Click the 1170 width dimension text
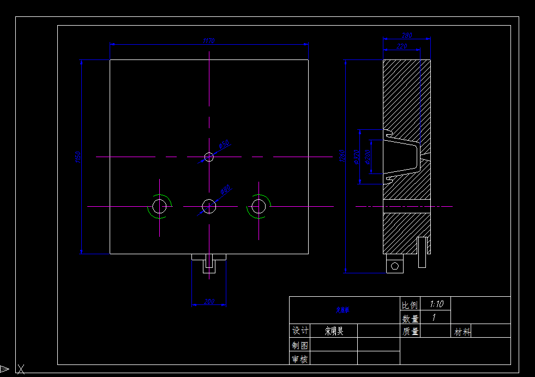click(209, 40)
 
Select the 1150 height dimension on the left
click(77, 157)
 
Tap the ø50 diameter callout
click(224, 145)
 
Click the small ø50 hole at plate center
click(209, 157)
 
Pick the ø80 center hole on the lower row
click(209, 206)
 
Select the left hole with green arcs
click(159, 206)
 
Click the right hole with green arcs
click(259, 206)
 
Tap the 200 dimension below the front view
click(209, 302)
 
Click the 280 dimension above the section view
click(407, 35)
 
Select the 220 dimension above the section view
click(402, 47)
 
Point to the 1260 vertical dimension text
click(342, 157)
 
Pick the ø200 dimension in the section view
click(367, 158)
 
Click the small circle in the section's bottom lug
click(394, 266)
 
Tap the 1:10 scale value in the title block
click(436, 304)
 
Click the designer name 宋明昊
click(334, 331)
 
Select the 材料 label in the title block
click(462, 332)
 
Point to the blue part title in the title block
click(342, 310)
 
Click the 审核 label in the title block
click(299, 359)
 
